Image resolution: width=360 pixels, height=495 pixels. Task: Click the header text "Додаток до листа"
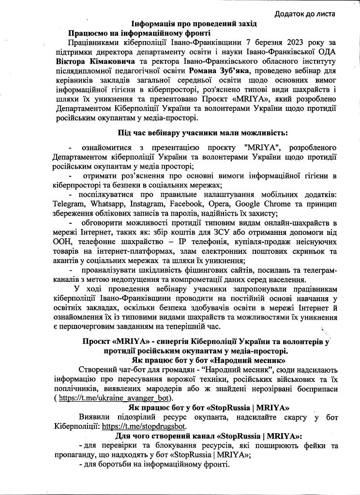(305, 14)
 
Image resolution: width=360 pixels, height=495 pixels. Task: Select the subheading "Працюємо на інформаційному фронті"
(139, 33)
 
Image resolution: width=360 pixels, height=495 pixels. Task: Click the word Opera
(227, 204)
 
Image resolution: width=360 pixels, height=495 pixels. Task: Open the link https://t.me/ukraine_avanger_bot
(115, 398)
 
